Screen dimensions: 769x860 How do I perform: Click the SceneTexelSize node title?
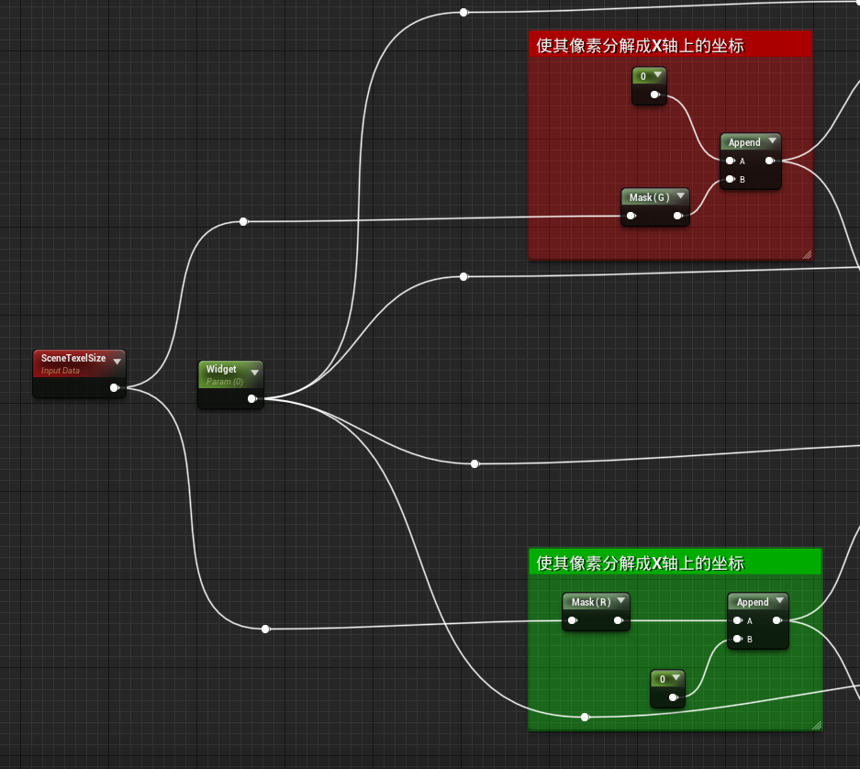click(73, 358)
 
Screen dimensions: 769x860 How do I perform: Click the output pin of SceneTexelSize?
click(114, 388)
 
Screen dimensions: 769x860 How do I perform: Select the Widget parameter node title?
click(221, 369)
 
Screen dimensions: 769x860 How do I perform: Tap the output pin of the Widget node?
click(251, 399)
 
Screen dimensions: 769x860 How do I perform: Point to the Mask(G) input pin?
click(631, 217)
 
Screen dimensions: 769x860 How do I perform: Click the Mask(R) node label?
click(591, 602)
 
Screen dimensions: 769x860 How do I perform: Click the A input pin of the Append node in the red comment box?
click(730, 161)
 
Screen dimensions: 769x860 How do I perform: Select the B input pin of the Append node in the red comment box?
click(730, 179)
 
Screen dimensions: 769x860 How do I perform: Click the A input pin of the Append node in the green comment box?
click(737, 620)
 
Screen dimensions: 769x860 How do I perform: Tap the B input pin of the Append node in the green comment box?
click(737, 639)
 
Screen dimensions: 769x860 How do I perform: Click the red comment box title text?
click(640, 45)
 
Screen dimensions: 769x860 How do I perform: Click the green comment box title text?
click(640, 563)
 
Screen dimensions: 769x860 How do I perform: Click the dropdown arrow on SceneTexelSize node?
click(117, 362)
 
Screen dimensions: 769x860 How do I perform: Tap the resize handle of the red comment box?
click(808, 254)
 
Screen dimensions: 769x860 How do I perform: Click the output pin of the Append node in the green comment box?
click(776, 620)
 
